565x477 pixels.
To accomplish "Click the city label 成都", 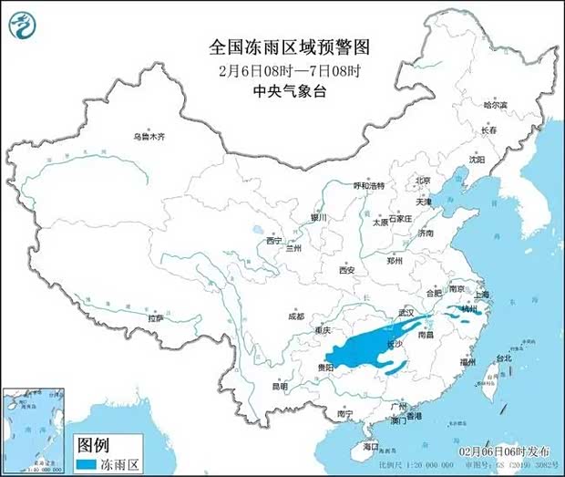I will coord(295,316).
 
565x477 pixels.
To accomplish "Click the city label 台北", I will coord(503,358).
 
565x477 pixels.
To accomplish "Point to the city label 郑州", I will coord(395,260).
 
